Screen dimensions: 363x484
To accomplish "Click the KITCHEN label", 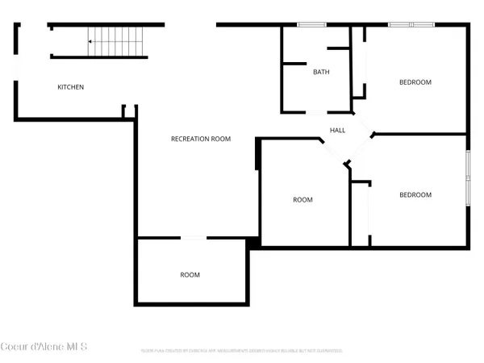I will coord(70,87).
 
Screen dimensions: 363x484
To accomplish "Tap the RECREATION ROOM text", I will coord(201,139).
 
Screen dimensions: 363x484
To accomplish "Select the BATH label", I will coord(321,72).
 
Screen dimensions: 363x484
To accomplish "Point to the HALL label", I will coord(337,130).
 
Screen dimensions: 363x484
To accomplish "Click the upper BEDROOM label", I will coord(415,82).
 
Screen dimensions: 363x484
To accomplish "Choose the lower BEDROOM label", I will coord(415,194).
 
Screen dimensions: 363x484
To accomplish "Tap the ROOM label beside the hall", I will coord(302,199).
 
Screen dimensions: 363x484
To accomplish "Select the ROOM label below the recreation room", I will coord(190,275).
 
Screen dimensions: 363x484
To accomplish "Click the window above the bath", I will coord(307,25).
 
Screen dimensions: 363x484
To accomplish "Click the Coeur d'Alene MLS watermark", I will coord(44,347).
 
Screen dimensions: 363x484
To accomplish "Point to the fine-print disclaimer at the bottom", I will coord(242,351).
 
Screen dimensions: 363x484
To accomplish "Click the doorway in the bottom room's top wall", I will coord(193,238).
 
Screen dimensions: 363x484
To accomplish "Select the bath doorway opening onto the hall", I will coord(317,111).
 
